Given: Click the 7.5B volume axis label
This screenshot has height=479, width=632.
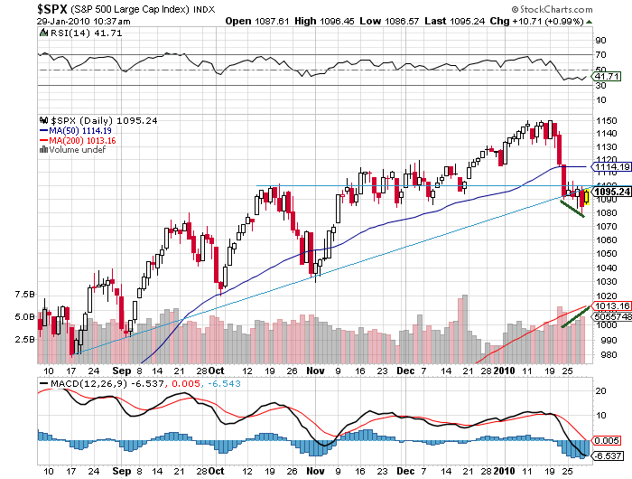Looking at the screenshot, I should click(x=24, y=295).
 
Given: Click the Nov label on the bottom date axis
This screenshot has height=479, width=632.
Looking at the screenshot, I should click(x=312, y=371).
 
